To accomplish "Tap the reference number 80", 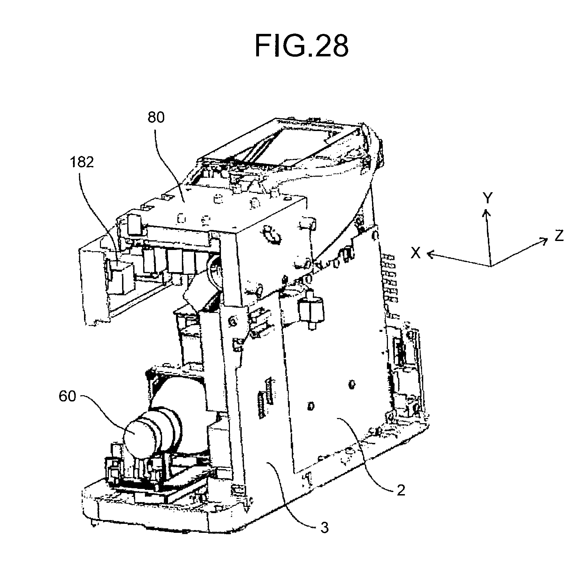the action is click(x=156, y=118).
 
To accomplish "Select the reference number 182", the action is click(x=81, y=162).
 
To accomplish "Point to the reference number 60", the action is click(x=67, y=397).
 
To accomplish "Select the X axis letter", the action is click(x=416, y=253).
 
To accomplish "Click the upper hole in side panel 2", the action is click(x=352, y=384).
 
